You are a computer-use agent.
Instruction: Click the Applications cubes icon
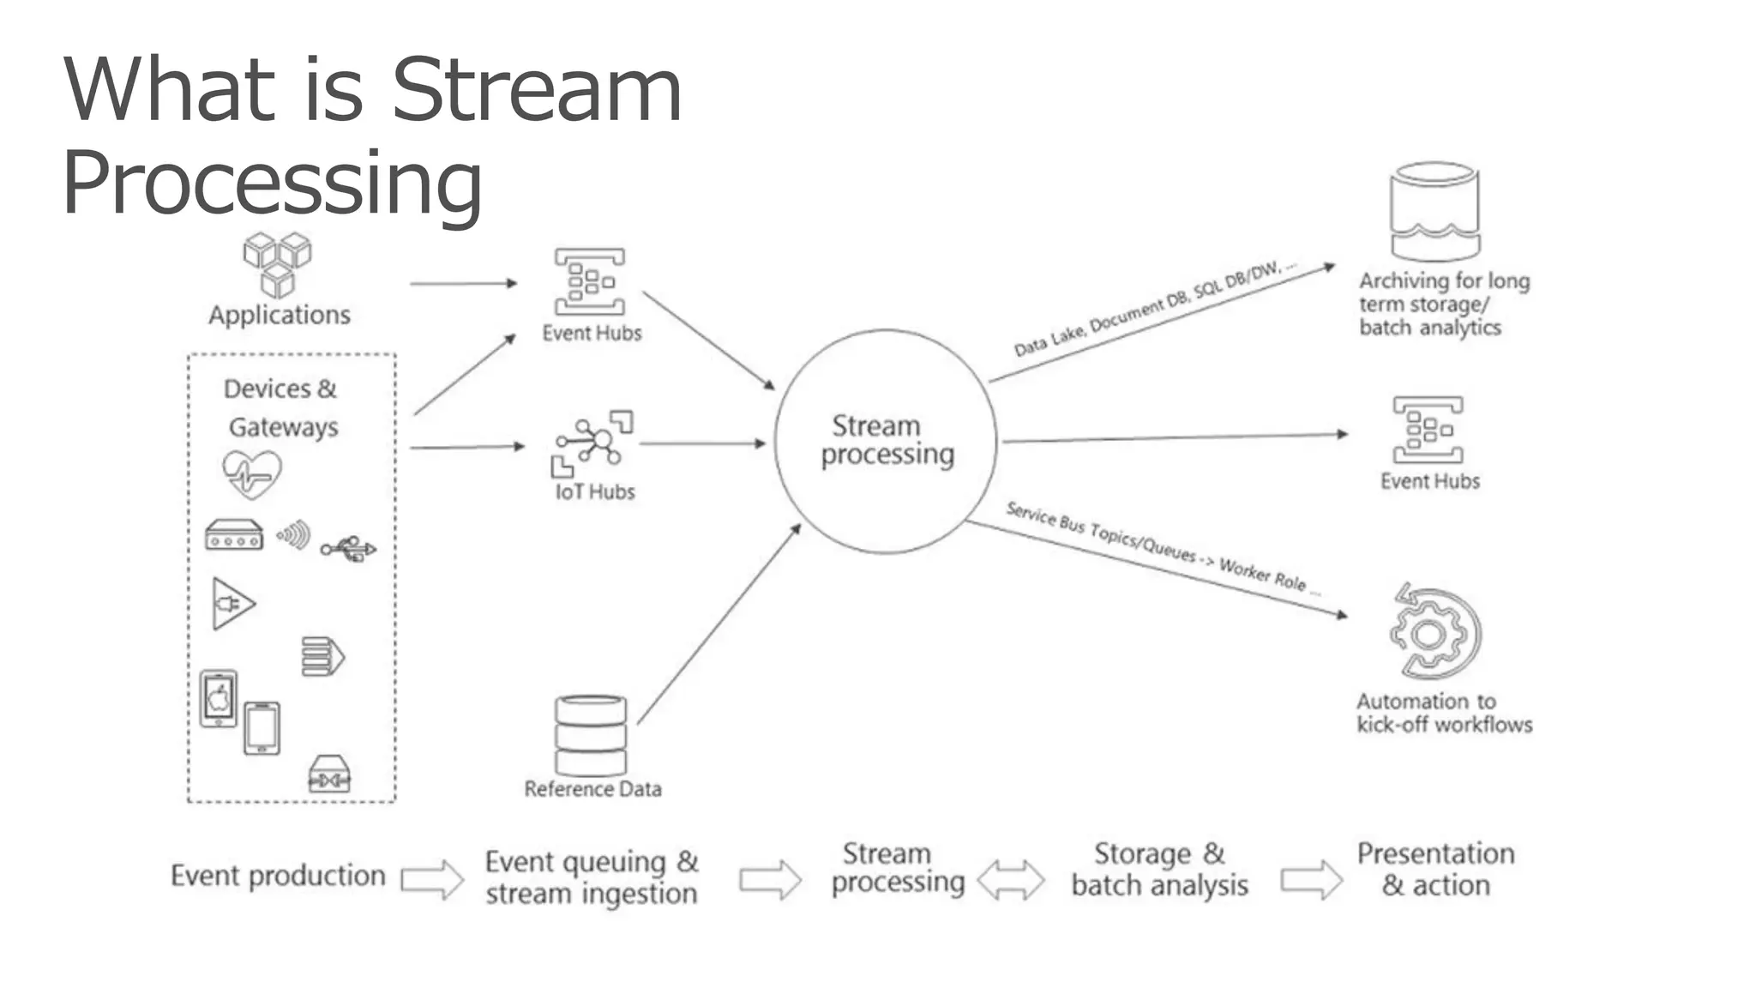pyautogui.click(x=277, y=264)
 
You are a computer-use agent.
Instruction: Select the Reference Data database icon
pyautogui.click(x=591, y=735)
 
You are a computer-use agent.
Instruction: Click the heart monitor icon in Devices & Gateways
pyautogui.click(x=251, y=473)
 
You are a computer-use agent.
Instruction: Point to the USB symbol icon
pyautogui.click(x=348, y=548)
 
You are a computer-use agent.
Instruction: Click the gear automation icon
pyautogui.click(x=1434, y=633)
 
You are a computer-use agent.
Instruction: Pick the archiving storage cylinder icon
pyautogui.click(x=1434, y=211)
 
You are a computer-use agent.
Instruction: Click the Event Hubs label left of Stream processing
pyautogui.click(x=592, y=333)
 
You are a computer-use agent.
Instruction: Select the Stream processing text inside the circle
pyautogui.click(x=887, y=440)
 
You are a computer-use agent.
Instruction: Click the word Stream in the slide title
pyautogui.click(x=537, y=89)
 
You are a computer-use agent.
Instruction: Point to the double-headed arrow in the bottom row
pyautogui.click(x=1011, y=879)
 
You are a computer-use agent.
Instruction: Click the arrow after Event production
pyautogui.click(x=432, y=879)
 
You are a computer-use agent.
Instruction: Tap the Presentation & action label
pyautogui.click(x=1435, y=869)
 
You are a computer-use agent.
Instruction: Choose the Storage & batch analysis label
pyautogui.click(x=1159, y=869)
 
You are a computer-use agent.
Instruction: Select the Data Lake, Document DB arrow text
pyautogui.click(x=1153, y=310)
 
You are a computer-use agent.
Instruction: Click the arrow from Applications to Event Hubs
pyautogui.click(x=463, y=283)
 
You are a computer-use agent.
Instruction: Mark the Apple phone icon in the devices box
pyautogui.click(x=219, y=698)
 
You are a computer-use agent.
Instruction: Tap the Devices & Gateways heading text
pyautogui.click(x=281, y=407)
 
